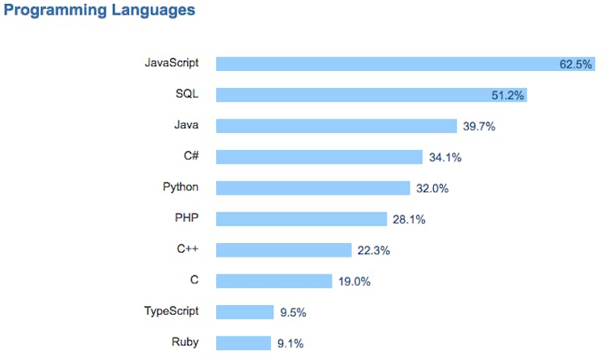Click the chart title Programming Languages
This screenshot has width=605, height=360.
[x=100, y=11]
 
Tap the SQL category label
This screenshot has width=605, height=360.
[x=186, y=94]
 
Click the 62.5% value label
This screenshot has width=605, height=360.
[x=576, y=65]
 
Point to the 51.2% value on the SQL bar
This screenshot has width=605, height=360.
[x=508, y=95]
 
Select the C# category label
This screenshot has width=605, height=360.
[x=190, y=156]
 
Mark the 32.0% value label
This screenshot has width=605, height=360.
[x=432, y=188]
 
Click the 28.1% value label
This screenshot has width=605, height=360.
[x=409, y=219]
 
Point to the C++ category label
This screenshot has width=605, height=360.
[x=187, y=249]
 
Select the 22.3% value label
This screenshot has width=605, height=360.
[x=373, y=250]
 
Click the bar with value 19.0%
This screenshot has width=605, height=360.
[x=274, y=281]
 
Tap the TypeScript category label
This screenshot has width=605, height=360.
[x=171, y=311]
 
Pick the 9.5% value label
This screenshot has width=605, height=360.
[x=293, y=312]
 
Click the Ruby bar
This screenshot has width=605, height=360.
[x=244, y=343]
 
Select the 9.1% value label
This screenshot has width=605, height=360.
[x=290, y=343]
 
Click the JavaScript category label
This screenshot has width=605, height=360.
[x=171, y=62]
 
